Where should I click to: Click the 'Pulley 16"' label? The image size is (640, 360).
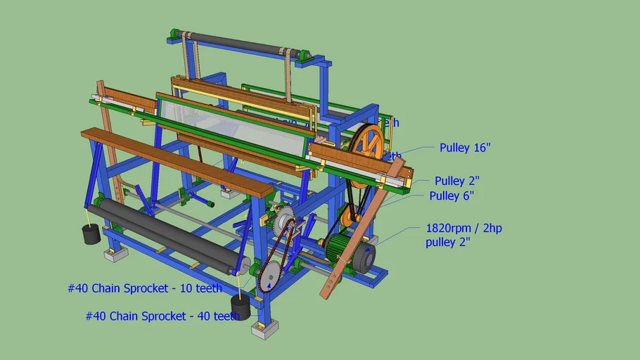click(x=465, y=148)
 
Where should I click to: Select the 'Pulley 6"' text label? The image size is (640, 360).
click(x=452, y=196)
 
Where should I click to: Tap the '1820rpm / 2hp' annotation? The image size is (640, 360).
click(x=464, y=228)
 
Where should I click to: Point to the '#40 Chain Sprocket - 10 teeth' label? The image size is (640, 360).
click(x=145, y=288)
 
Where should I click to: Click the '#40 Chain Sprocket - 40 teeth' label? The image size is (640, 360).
click(x=162, y=316)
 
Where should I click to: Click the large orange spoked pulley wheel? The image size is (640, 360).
click(x=367, y=146)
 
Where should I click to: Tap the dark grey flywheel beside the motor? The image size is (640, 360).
click(x=364, y=257)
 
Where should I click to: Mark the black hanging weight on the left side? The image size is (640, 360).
click(x=91, y=234)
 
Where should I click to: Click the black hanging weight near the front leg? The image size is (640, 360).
click(x=241, y=307)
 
